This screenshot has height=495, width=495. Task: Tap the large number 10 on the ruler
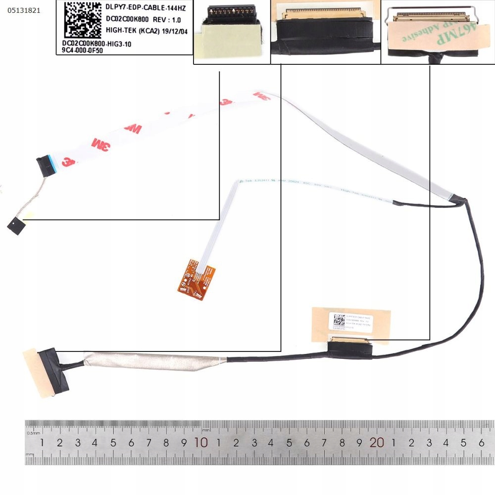point(200,443)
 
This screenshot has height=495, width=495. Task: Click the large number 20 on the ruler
point(377,443)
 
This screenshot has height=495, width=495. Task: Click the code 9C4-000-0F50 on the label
point(80,50)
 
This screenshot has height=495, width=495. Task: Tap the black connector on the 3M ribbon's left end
point(46,165)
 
